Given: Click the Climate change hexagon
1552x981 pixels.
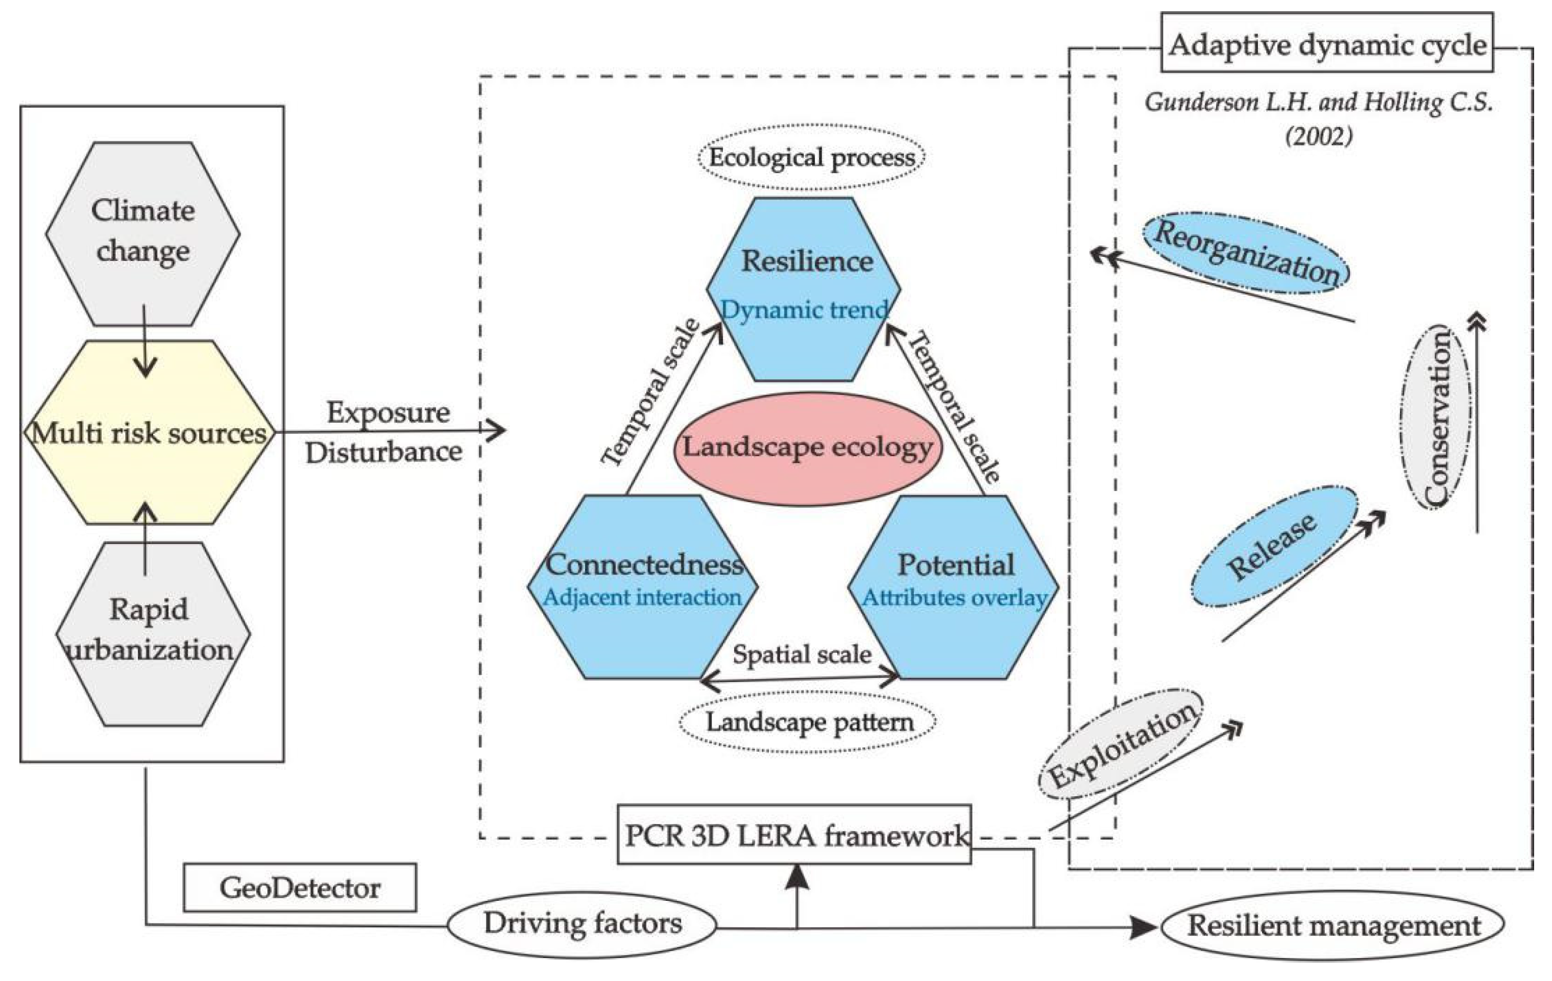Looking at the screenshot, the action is [143, 233].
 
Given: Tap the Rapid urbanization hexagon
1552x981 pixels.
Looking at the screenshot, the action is [153, 633].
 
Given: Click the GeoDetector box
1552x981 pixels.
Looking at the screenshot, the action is [300, 888].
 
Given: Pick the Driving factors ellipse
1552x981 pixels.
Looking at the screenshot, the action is [582, 924].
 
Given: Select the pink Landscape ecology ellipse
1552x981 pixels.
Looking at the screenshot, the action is [808, 449].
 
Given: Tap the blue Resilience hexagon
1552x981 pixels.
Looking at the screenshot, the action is [804, 289].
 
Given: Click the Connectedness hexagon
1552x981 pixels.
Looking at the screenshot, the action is [643, 586].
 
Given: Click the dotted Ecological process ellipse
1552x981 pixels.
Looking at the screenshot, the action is [811, 157].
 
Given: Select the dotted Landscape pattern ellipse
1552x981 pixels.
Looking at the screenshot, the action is [808, 722].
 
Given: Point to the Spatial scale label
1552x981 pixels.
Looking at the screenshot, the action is [803, 655].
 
